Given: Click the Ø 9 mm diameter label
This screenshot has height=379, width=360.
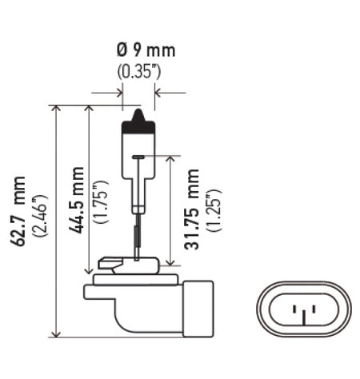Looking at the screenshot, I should point(141,51).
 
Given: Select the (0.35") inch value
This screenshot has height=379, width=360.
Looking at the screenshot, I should point(140,71).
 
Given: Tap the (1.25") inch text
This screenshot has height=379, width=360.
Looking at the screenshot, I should point(212,209).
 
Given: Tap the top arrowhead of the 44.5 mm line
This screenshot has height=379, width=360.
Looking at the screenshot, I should point(89,110).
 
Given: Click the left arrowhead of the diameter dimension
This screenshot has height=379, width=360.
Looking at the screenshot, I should point(118,93).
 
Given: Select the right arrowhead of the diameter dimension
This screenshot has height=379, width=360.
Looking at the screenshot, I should point(158,93).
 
